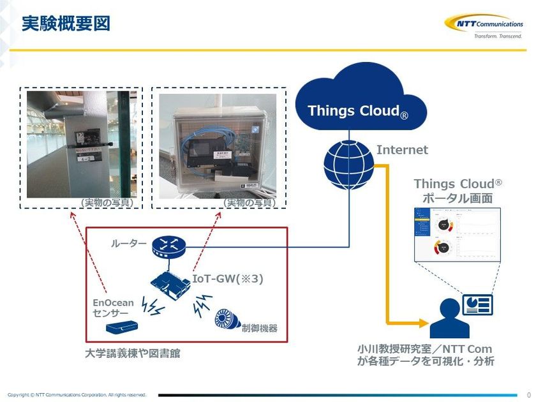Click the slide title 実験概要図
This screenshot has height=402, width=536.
(x=66, y=24)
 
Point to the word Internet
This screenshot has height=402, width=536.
(x=402, y=150)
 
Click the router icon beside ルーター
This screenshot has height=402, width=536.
(x=168, y=245)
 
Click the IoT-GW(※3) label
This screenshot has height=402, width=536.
(x=228, y=279)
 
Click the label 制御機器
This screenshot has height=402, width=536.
(x=259, y=328)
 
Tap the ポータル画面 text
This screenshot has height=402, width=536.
(x=457, y=198)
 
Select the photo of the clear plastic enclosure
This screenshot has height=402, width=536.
(x=219, y=149)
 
